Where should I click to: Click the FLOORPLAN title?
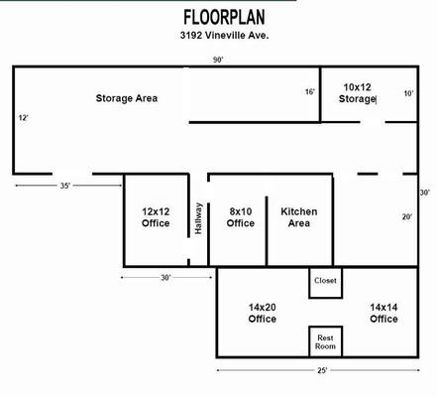(224, 17)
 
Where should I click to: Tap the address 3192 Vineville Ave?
(224, 35)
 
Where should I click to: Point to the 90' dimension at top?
(218, 60)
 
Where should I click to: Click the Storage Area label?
(127, 98)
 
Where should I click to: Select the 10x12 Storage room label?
(357, 93)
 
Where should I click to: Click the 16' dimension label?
(309, 91)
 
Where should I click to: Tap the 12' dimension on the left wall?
(23, 118)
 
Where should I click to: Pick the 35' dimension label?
(65, 186)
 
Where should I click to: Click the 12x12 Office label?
(156, 217)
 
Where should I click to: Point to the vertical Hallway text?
(198, 218)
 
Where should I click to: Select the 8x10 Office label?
(241, 217)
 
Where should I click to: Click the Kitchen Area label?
(299, 217)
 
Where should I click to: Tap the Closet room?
(326, 283)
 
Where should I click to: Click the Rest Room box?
(326, 341)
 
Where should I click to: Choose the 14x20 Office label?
(263, 313)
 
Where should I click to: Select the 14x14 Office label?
(383, 313)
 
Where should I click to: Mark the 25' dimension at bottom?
(322, 370)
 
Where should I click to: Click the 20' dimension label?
(407, 217)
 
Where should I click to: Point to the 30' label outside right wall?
(425, 193)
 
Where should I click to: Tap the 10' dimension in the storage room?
(408, 93)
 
